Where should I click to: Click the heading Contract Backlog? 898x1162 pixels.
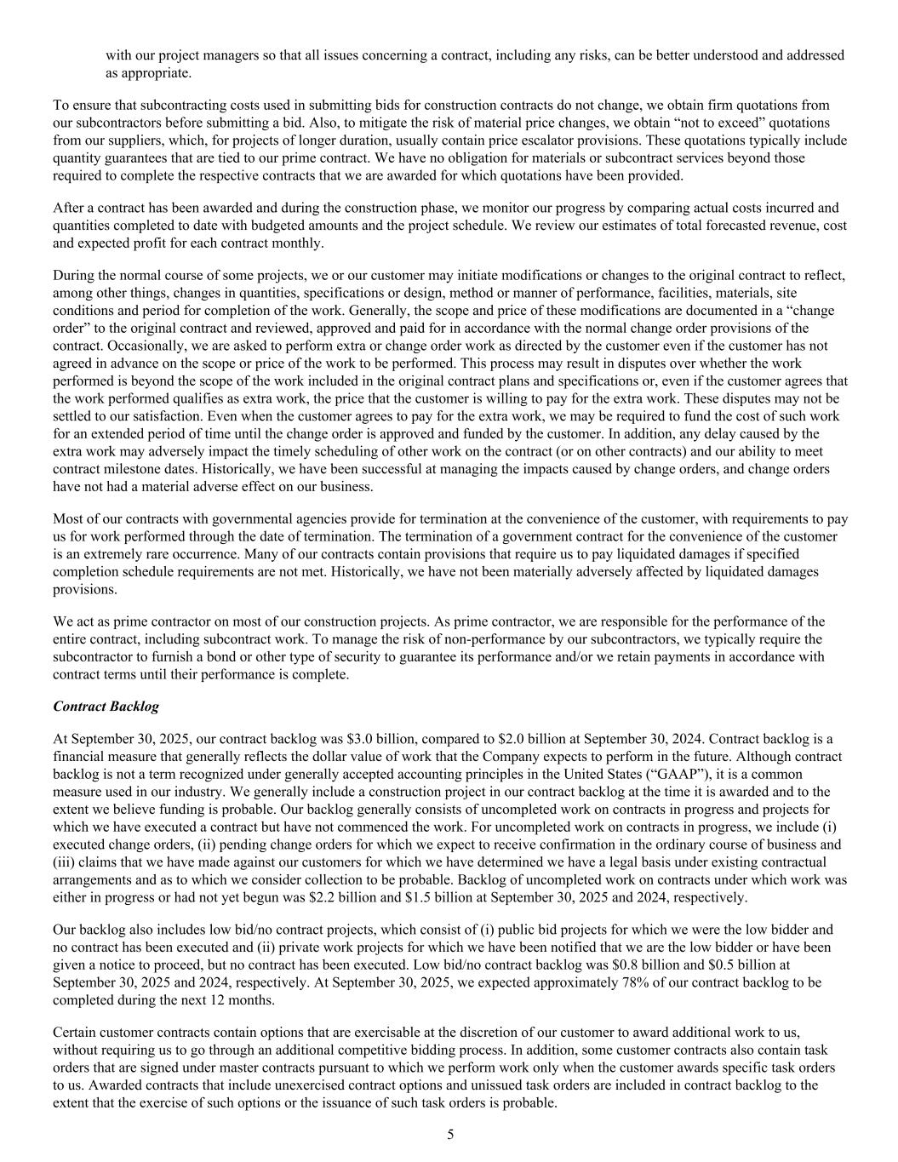tap(106, 707)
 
